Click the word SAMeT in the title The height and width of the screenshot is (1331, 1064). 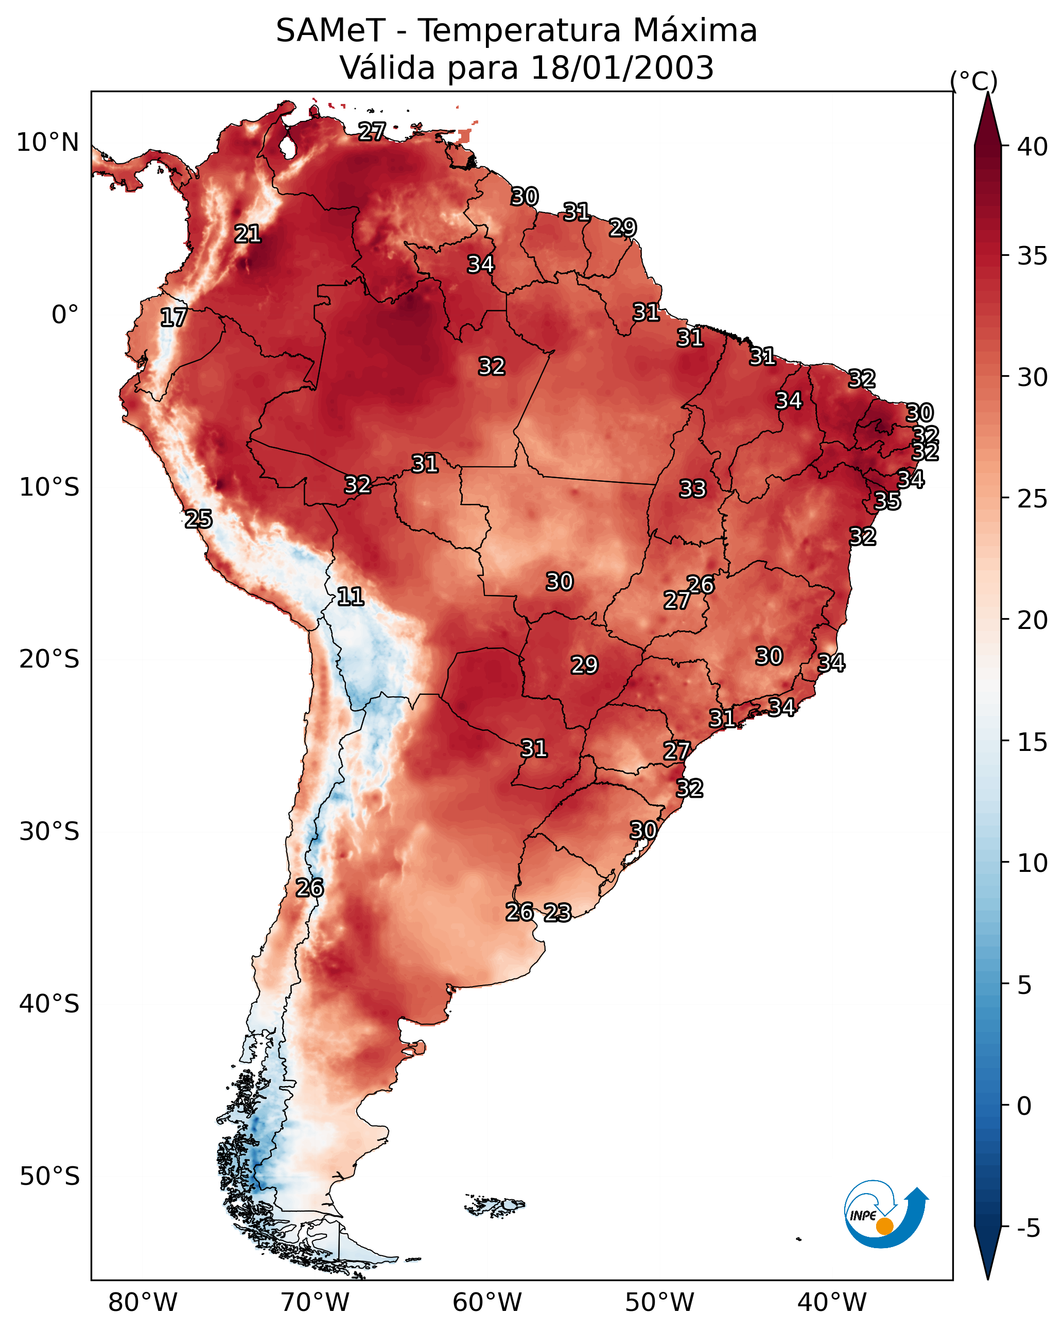330,31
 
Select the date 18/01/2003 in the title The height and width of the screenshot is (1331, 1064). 622,68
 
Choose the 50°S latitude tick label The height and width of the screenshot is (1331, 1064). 49,1177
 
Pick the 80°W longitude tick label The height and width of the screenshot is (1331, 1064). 143,1303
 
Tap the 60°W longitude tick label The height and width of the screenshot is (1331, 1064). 487,1303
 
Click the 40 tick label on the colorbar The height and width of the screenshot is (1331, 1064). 1033,147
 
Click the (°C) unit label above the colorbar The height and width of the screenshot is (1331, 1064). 974,81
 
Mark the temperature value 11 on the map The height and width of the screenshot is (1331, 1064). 350,597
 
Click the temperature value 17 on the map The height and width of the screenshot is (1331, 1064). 173,318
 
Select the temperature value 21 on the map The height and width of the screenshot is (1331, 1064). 248,234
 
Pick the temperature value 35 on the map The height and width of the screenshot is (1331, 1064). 887,501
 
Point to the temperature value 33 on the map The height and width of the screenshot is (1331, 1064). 692,489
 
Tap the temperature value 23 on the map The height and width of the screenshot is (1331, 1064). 557,913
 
